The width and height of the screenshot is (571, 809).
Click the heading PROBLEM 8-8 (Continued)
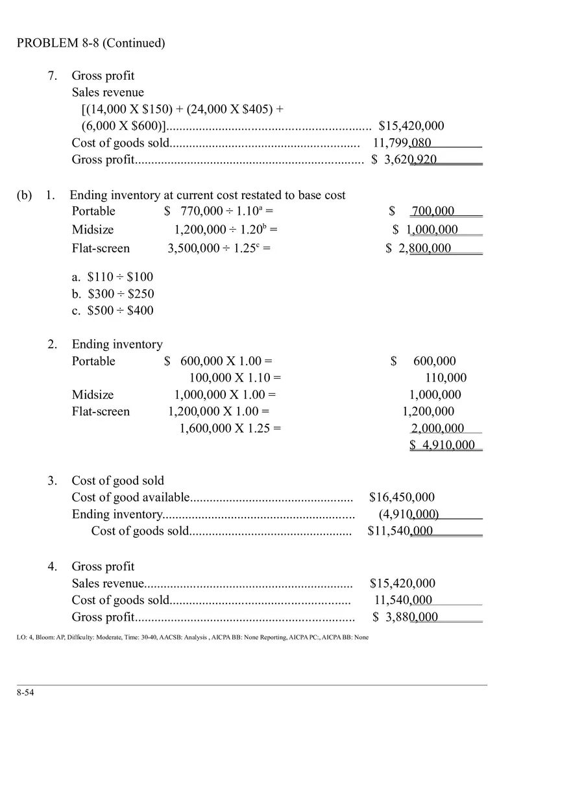91,43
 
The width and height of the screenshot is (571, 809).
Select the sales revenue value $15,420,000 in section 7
411,126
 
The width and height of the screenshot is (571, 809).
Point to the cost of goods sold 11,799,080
402,143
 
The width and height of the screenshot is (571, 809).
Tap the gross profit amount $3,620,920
404,160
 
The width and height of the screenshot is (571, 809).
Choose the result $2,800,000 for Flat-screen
419,248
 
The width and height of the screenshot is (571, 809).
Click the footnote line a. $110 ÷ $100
112,277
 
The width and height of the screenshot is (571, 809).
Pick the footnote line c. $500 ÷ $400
112,311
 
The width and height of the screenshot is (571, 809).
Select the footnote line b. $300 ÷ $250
113,294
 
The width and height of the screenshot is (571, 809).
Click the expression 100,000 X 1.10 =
235,378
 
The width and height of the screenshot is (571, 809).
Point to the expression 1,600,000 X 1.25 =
230,428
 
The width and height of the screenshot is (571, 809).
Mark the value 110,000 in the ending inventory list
446,378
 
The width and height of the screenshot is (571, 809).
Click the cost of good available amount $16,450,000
402,498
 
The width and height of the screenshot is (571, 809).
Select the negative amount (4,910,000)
409,514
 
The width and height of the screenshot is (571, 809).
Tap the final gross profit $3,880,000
406,617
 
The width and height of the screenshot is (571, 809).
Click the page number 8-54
25,693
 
